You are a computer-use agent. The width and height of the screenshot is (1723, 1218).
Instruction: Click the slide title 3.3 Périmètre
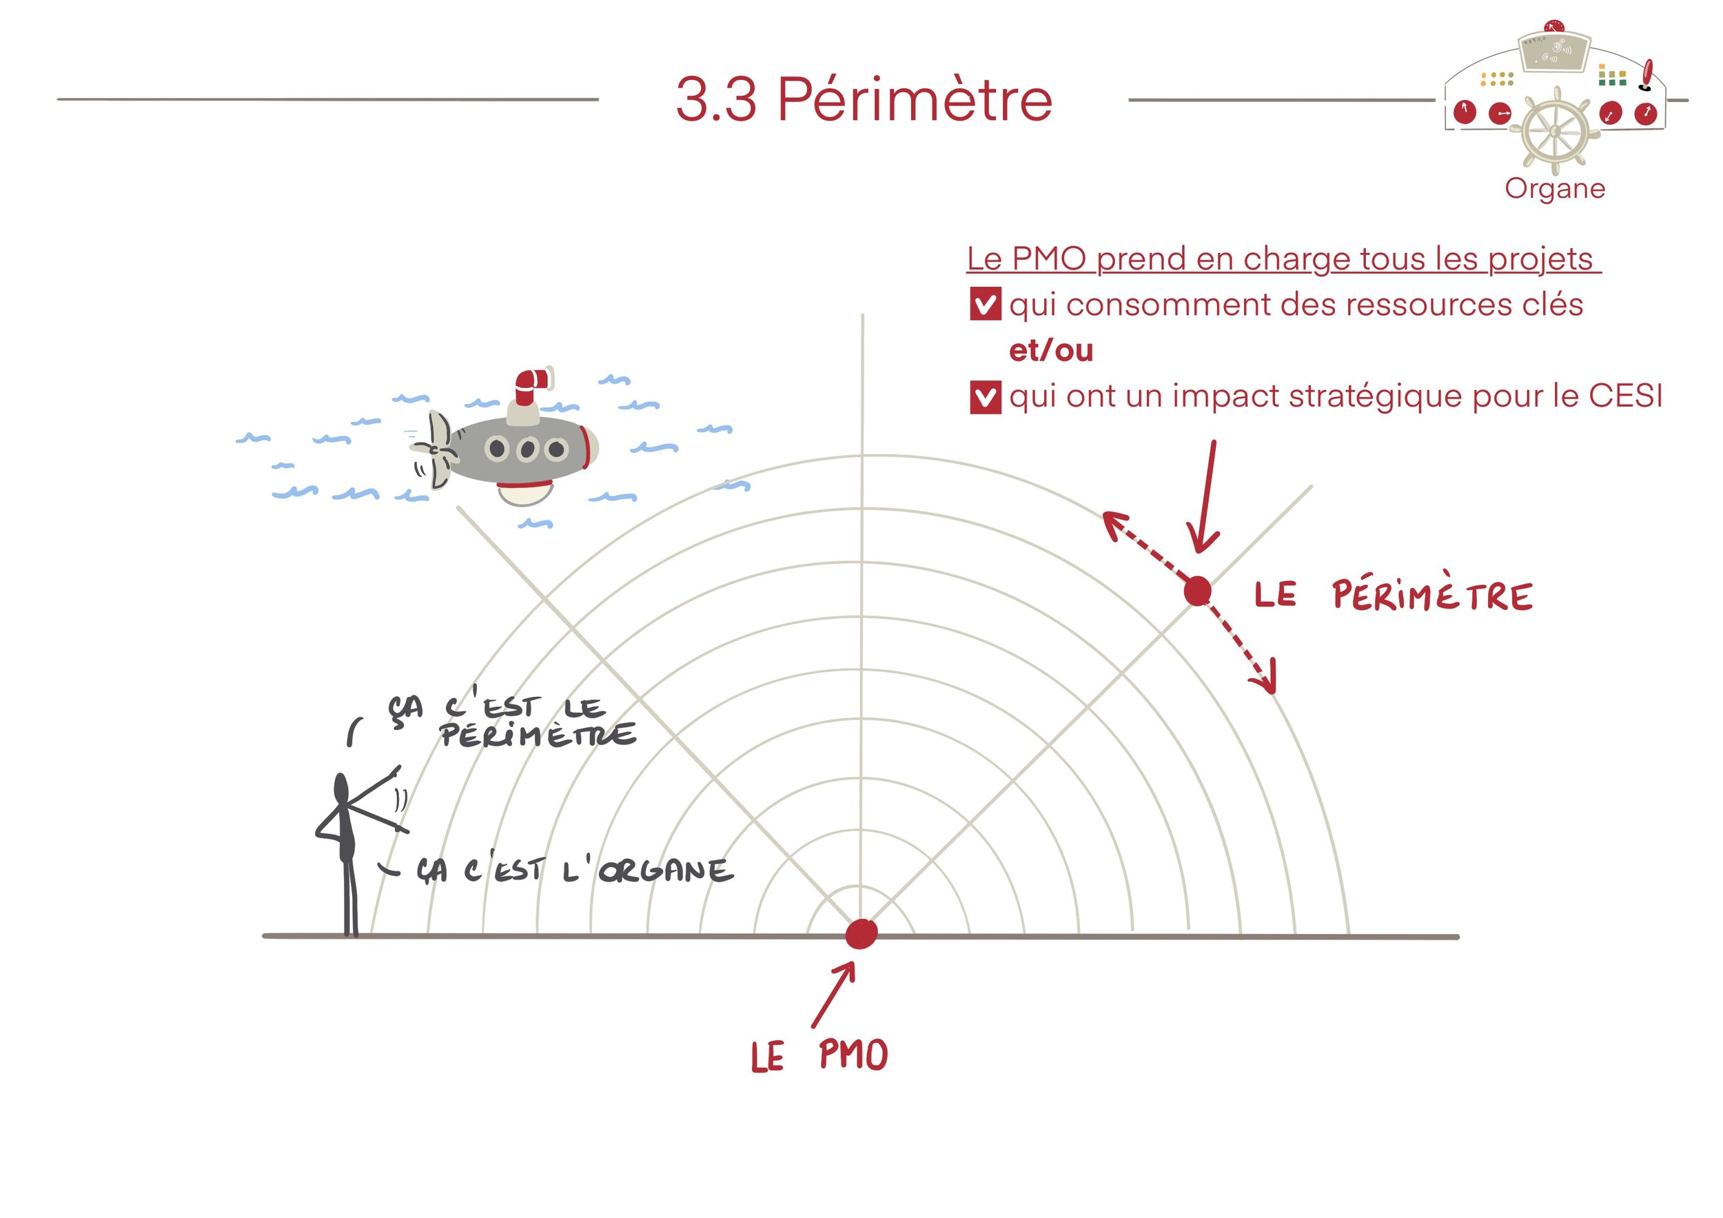(x=863, y=100)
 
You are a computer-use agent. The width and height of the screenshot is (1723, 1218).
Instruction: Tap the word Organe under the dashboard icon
(x=1554, y=188)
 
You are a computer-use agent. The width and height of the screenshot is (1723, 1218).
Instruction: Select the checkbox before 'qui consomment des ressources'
(x=985, y=305)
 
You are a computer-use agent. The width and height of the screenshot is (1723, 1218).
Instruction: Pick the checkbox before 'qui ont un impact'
(x=985, y=397)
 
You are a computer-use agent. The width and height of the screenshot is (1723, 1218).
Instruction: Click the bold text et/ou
(x=1050, y=350)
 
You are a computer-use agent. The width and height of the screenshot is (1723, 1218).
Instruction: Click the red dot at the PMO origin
(x=861, y=933)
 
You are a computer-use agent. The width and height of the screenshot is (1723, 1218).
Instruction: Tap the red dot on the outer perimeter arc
(x=1197, y=591)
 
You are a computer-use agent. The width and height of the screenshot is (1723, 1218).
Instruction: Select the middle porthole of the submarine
(x=527, y=449)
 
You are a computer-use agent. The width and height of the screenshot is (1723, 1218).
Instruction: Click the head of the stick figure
(x=340, y=788)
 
